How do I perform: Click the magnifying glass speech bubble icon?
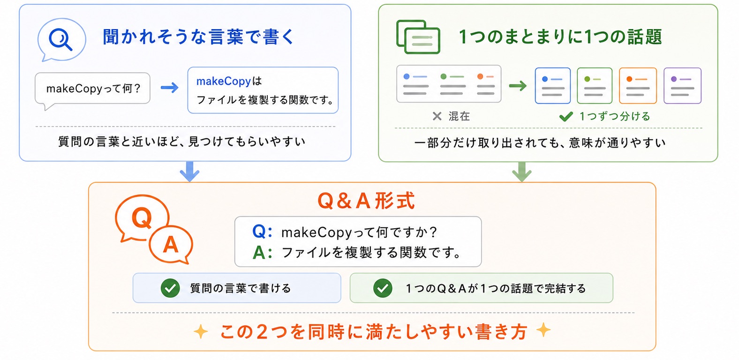click(x=62, y=39)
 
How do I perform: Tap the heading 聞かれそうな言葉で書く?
click(x=198, y=37)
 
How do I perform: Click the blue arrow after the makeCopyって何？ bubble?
click(x=170, y=88)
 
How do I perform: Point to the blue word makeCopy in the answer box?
click(x=223, y=81)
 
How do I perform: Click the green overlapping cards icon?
click(x=418, y=37)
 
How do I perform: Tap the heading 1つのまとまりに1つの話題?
click(x=560, y=37)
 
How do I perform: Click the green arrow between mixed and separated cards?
click(x=518, y=86)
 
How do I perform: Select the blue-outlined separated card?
click(x=552, y=86)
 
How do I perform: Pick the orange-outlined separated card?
click(x=638, y=86)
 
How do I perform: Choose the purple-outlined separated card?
click(x=682, y=86)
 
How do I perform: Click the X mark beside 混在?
click(x=437, y=116)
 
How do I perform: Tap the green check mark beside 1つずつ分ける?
click(x=566, y=116)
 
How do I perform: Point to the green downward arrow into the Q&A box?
click(x=521, y=172)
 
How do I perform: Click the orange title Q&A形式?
click(x=366, y=201)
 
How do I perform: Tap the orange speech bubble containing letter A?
click(x=171, y=245)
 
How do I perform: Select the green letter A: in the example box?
click(x=263, y=253)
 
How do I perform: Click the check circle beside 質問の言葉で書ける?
click(x=170, y=288)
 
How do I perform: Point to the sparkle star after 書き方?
click(x=543, y=330)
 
